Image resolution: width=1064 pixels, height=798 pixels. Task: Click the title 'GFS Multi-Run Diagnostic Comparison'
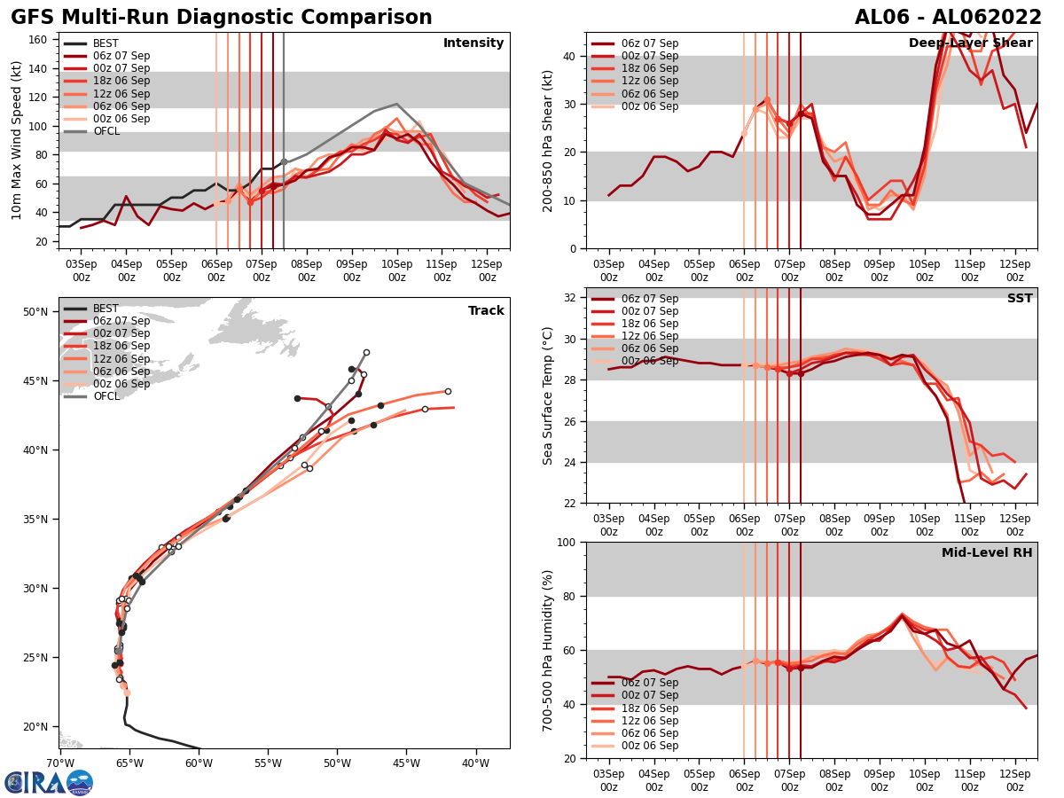[x=222, y=18]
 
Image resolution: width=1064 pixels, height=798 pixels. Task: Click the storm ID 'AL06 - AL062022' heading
[x=948, y=18]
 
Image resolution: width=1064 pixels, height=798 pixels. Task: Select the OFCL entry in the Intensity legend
[x=106, y=131]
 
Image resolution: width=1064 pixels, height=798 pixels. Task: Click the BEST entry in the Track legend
[x=106, y=309]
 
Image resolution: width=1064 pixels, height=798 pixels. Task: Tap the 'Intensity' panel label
[x=473, y=43]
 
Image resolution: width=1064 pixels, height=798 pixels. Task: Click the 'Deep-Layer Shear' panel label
[x=970, y=43]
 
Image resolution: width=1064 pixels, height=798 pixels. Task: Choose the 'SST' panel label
[x=1020, y=299]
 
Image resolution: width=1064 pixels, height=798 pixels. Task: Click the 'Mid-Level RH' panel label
[x=987, y=553]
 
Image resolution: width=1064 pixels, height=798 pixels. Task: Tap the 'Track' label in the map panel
[x=486, y=311]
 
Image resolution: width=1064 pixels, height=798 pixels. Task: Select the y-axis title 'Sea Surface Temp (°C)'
[x=548, y=395]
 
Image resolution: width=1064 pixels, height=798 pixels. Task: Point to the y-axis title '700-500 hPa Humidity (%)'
[x=548, y=650]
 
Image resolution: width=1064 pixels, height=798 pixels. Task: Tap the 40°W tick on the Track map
[x=475, y=763]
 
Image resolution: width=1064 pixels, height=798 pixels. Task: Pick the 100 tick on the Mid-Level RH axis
[x=567, y=542]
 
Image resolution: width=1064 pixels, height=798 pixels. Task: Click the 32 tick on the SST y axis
[x=572, y=297]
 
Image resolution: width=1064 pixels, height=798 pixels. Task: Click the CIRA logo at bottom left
[x=49, y=782]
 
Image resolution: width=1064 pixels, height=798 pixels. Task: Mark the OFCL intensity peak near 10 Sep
[x=396, y=104]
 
